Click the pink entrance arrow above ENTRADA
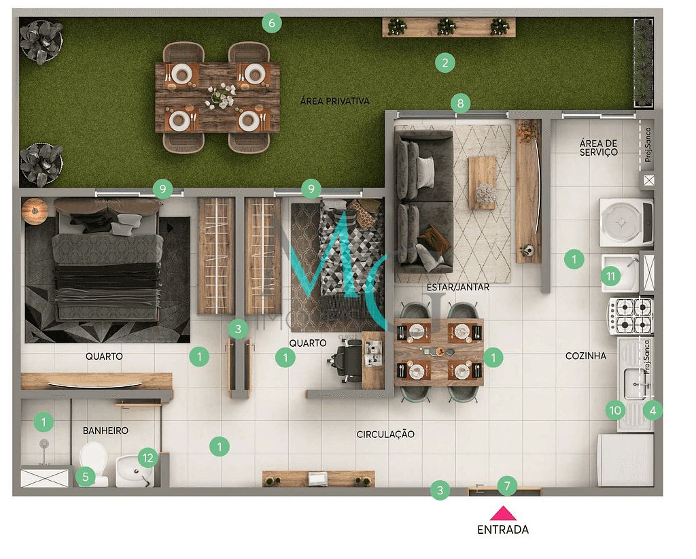coord(502,513)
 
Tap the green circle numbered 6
coord(271,24)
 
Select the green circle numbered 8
coord(460,103)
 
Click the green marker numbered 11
coord(610,276)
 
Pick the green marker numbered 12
coord(147,457)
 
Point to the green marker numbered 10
coord(615,410)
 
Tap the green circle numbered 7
coord(506,486)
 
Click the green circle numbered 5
coord(85,476)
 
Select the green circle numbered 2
coord(445,63)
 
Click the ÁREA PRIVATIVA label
coord(334,101)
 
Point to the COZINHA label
coord(585,356)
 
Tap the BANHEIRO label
coord(105,430)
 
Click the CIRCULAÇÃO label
coord(385,434)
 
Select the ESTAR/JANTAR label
coord(457,287)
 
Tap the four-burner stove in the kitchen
coord(630,316)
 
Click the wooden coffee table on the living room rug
coord(483,182)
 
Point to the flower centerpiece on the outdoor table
coord(218,96)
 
